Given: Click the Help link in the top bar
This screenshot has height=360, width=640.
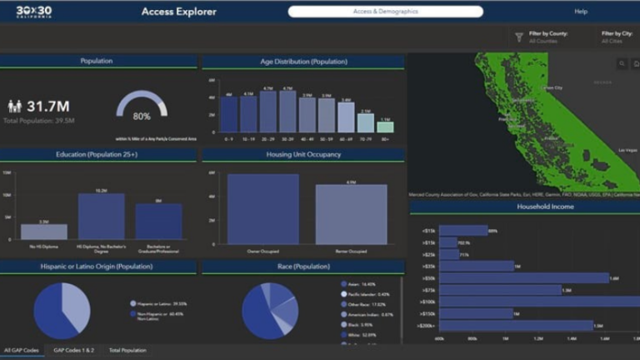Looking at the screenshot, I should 581,12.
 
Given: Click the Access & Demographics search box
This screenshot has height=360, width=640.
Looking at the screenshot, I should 385,12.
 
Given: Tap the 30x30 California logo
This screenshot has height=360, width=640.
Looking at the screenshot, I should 34,12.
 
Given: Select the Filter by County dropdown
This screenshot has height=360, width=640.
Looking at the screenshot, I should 542,37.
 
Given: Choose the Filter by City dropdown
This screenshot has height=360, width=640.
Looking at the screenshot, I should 617,37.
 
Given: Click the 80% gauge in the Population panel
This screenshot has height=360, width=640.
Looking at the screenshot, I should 142,107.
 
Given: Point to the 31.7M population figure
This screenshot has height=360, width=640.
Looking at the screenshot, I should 47,106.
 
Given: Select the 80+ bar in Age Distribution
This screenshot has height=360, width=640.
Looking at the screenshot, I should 384,127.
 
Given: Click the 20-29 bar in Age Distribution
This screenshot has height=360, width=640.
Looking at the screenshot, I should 267,112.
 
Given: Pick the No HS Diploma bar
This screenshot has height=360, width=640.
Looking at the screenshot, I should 44,231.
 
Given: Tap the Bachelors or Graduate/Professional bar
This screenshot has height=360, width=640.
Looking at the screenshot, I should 158,222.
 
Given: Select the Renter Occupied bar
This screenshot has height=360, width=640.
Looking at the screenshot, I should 351,214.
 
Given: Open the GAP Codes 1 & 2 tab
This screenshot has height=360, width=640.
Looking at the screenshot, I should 74,351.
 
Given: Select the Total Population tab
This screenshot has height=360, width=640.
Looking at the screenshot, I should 127,351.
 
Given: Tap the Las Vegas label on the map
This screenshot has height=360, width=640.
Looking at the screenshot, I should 627,150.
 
